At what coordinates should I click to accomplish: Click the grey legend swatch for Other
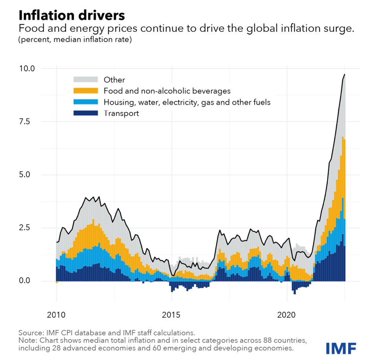point(85,80)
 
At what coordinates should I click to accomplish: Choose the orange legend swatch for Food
point(85,91)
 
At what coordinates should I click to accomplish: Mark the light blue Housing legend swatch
point(85,102)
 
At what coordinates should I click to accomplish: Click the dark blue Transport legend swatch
point(85,113)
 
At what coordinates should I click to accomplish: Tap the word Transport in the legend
point(121,113)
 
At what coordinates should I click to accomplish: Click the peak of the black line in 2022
point(345,74)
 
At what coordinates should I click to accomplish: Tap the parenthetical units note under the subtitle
point(75,40)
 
